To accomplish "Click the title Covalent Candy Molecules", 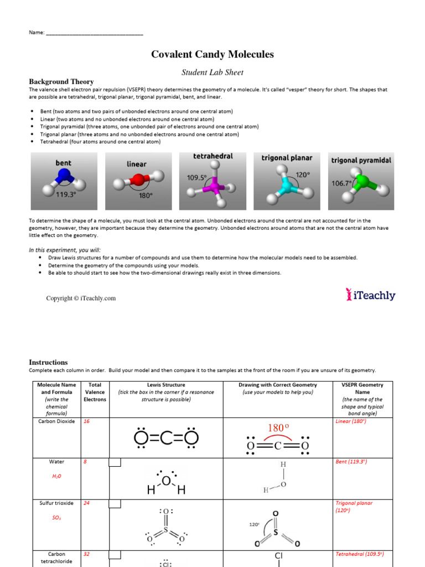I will point(212,54).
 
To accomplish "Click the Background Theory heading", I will point(61,81).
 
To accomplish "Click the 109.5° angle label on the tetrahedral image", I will point(196,178).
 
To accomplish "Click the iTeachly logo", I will point(371,295).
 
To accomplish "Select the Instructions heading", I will point(48,362).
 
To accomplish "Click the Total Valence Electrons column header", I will point(95,391).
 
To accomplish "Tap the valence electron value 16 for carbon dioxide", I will point(86,421).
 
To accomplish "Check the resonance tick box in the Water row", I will point(115,463).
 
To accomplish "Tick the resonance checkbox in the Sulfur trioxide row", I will point(115,504).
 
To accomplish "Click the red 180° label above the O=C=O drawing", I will point(278,428).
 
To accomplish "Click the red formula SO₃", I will point(56,517).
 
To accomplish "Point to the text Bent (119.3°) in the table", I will point(351,461).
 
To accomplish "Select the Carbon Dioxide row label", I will point(56,421).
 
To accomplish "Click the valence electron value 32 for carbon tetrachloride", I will point(86,554).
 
